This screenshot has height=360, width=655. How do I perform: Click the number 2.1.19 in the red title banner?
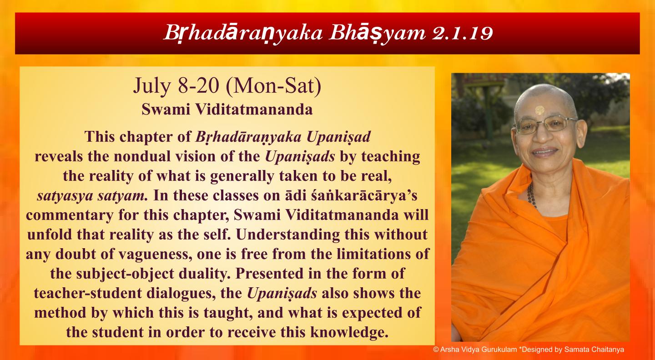(x=463, y=33)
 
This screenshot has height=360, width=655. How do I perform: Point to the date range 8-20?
(x=198, y=85)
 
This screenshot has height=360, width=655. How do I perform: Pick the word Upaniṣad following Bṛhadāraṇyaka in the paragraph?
(x=338, y=137)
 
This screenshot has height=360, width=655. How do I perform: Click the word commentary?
(x=70, y=215)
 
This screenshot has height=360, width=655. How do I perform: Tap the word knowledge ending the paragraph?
(x=349, y=332)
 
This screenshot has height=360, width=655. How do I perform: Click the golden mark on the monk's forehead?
(x=539, y=110)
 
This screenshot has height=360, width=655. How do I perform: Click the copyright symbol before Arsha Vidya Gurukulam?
(x=436, y=350)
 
